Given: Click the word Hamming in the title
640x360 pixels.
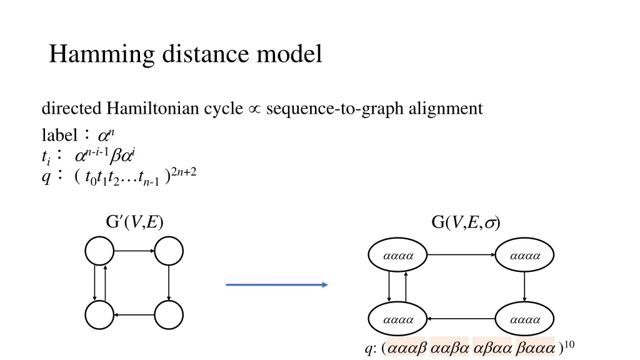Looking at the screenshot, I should (x=101, y=55).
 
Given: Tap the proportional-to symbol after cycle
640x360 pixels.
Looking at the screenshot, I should (x=254, y=109).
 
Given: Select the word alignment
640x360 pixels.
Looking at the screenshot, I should (x=446, y=109).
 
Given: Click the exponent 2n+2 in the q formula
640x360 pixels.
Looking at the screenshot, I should (x=185, y=172).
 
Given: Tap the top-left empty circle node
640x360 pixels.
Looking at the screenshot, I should (x=99, y=252).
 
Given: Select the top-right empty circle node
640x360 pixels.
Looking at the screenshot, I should (x=169, y=252).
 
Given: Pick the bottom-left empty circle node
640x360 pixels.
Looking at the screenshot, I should (x=99, y=315).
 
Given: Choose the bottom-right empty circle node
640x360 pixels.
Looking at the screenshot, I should (x=169, y=315).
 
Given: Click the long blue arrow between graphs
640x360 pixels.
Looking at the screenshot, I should (x=277, y=285).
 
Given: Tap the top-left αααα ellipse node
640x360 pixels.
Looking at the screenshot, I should (x=398, y=255).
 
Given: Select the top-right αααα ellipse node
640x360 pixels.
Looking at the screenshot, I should (x=524, y=255).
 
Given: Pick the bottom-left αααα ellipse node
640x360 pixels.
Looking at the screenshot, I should (x=398, y=319).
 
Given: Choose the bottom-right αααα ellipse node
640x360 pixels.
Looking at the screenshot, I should (x=524, y=319).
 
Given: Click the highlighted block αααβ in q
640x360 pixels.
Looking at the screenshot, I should (x=407, y=348).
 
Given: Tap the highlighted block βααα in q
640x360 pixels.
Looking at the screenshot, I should (x=536, y=348).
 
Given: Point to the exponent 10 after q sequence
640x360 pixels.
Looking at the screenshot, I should (x=568, y=344).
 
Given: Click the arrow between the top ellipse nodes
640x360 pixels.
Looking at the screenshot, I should (x=461, y=255).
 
